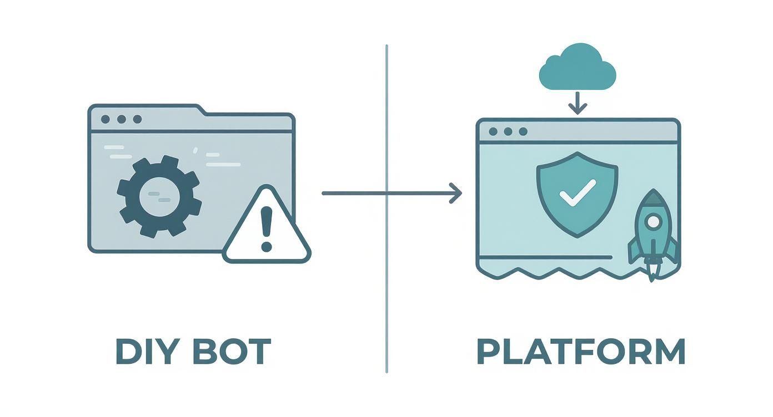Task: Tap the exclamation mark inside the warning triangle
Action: [x=267, y=227]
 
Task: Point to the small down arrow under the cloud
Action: [x=578, y=104]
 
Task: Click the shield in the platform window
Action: [x=577, y=194]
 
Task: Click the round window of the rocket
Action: [x=654, y=222]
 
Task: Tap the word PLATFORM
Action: [x=581, y=351]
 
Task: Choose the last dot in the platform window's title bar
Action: [x=523, y=131]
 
